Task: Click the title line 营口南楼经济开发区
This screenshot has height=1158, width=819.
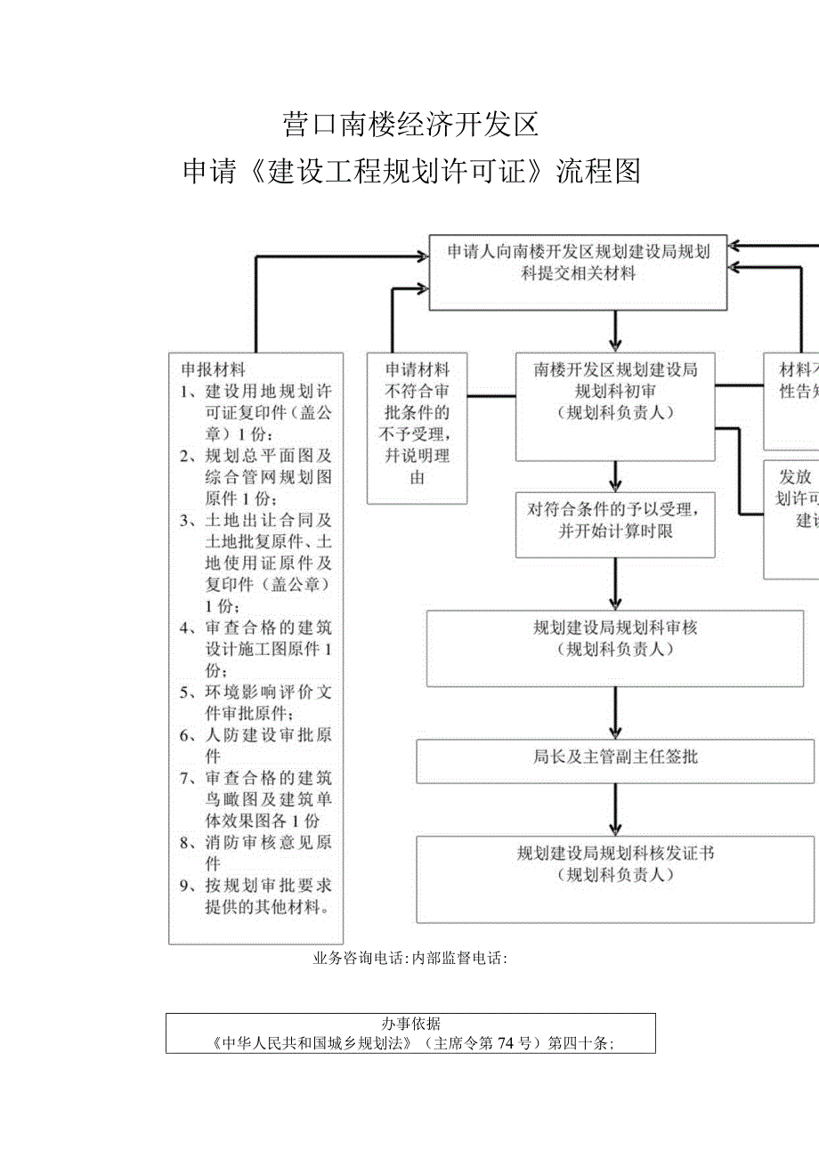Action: click(x=411, y=125)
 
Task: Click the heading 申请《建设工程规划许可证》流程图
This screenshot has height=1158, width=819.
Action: click(x=411, y=171)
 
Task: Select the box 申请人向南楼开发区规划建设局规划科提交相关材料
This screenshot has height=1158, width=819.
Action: click(x=579, y=271)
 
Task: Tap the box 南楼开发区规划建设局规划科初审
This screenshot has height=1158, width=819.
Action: click(x=615, y=407)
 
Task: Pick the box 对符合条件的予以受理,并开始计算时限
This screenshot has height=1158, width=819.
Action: click(x=615, y=524)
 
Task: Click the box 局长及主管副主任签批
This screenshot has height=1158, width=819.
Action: click(x=615, y=758)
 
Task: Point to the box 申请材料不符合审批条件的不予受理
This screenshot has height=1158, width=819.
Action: click(x=418, y=428)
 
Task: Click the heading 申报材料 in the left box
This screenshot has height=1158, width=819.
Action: click(x=214, y=368)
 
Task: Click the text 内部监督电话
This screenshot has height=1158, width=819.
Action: click(x=458, y=958)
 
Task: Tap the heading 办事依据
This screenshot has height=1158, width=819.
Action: click(x=411, y=1024)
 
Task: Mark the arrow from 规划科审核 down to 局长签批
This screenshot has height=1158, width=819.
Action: click(x=615, y=714)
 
